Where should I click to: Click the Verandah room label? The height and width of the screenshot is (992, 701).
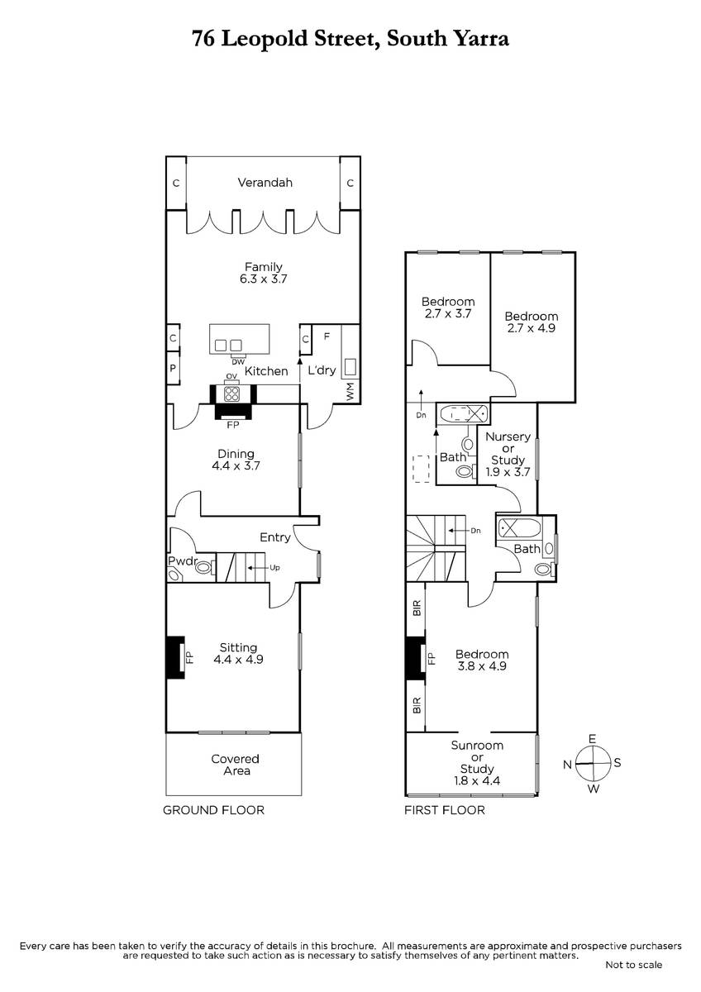point(265,183)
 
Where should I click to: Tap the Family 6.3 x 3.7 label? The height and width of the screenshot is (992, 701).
point(263,273)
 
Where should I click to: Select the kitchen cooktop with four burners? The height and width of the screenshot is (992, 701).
point(232,393)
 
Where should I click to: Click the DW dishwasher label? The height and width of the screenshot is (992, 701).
point(237,361)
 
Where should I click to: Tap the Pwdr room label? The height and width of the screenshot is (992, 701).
point(180,560)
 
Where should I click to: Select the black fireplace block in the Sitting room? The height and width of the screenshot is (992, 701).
point(174,657)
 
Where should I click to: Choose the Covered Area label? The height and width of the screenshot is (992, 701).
point(235,765)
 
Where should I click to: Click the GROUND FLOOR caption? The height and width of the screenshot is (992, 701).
point(213,810)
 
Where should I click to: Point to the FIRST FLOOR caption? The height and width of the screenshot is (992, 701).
point(444,810)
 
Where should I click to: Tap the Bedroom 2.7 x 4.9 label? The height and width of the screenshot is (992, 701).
point(531,322)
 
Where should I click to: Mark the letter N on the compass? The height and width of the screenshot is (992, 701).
point(568,765)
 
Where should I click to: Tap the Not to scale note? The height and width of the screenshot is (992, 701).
point(633,965)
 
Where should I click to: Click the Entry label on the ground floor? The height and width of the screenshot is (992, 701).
point(274,537)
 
